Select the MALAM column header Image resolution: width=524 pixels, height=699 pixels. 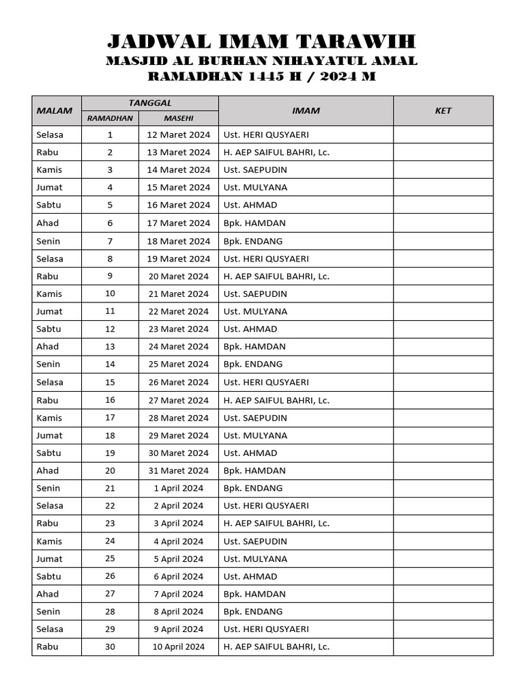tap(50, 111)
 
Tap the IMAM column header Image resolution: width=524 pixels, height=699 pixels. tap(306, 111)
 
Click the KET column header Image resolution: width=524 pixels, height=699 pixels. tap(443, 111)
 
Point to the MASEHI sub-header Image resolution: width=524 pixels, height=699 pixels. tap(179, 118)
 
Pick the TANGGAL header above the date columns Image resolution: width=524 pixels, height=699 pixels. tap(150, 103)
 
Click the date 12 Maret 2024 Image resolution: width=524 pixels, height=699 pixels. tap(179, 134)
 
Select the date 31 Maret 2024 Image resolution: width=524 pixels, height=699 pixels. tap(179, 470)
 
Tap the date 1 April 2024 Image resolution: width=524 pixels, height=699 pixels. tap(179, 488)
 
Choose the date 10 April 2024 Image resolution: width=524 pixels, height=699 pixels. tap(179, 646)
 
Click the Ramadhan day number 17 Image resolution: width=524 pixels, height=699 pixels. tap(110, 418)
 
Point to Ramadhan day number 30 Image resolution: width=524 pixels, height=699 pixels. tap(110, 646)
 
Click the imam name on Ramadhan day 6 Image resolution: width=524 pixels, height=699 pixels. tap(254, 223)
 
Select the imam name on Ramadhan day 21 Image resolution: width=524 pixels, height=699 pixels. tap(253, 488)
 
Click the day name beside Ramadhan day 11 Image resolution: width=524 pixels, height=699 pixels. tap(49, 311)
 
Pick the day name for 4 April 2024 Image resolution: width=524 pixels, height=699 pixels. tap(49, 541)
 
